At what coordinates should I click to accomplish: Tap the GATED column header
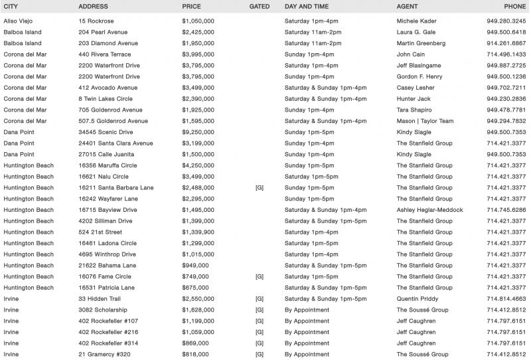[260, 6]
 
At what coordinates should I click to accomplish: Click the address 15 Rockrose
[96, 21]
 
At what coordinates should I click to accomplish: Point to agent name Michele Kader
[417, 21]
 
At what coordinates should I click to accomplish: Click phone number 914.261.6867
[506, 43]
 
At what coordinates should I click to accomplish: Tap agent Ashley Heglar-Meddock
[430, 210]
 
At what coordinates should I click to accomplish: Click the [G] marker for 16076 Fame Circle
[260, 276]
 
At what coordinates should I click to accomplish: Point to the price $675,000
[195, 288]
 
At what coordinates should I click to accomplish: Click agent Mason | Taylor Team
[425, 121]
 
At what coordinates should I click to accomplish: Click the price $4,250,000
[198, 165]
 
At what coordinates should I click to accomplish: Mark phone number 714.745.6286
[506, 210]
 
